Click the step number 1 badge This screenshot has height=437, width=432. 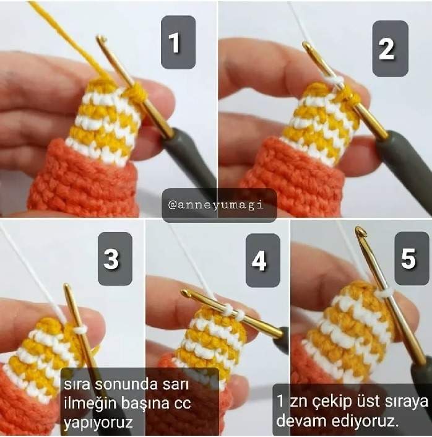(178, 42)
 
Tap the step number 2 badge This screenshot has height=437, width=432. (390, 48)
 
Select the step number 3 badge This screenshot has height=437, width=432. (115, 259)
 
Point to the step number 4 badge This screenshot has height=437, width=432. (263, 261)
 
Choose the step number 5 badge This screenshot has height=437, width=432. (412, 258)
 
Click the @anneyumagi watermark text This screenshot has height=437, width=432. (216, 206)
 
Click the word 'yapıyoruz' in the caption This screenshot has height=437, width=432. (98, 422)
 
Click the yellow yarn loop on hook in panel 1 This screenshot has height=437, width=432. (136, 92)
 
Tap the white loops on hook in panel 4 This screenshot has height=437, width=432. (233, 311)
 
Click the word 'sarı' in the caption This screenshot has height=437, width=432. (180, 385)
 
